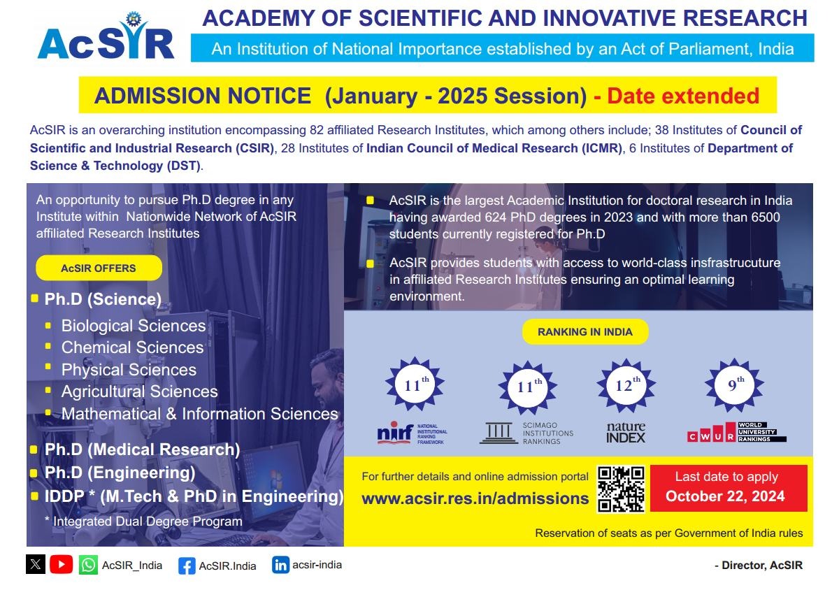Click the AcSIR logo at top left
coord(106,38)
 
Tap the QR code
coord(620,489)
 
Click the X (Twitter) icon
coord(36,564)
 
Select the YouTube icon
coord(62,564)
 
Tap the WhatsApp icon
coord(88,565)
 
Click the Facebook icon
coord(187,566)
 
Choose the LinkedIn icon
coord(280,565)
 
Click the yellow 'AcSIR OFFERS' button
coord(99,268)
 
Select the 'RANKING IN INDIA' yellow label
coord(585,332)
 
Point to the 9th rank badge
coord(734,385)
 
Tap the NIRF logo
coord(412,433)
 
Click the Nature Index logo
coord(626,432)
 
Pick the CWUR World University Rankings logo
coord(736,432)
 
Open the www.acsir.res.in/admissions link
coord(475,498)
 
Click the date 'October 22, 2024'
coord(725,496)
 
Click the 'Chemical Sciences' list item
coord(132,347)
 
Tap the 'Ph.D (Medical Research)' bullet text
coord(142,450)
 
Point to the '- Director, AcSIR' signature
coord(758,566)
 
